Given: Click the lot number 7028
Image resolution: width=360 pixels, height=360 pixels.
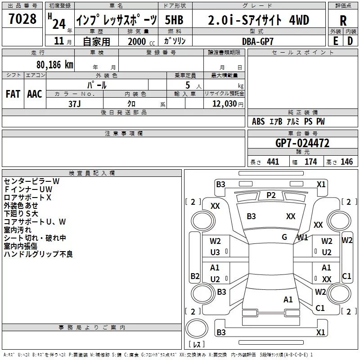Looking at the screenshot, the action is (x=22, y=19).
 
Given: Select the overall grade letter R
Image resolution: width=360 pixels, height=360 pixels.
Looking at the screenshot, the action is (x=343, y=21).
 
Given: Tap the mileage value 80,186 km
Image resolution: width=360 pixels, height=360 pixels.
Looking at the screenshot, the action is (x=55, y=65).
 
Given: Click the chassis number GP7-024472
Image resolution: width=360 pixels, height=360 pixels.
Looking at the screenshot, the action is (x=302, y=143).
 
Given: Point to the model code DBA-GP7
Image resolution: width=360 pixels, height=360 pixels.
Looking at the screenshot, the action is (x=258, y=41).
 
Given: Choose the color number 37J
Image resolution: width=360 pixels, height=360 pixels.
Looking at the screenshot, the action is (x=75, y=104).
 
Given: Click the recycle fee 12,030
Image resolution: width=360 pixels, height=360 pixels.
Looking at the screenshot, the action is (x=225, y=103).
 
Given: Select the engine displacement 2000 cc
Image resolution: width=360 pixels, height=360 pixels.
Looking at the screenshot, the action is (x=141, y=41).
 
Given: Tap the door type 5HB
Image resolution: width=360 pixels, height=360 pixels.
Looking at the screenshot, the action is (x=174, y=20).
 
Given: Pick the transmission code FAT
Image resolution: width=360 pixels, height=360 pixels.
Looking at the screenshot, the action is (x=13, y=94).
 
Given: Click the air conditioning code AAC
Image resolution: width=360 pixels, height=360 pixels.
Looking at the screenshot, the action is (x=35, y=94).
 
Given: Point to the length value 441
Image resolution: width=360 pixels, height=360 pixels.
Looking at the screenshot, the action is (x=273, y=162).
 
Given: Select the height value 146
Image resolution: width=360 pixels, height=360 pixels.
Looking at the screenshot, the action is (x=346, y=162).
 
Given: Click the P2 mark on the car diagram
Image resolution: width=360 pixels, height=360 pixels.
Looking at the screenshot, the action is (x=271, y=195).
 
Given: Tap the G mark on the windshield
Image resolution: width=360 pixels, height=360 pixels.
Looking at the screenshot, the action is (x=284, y=237).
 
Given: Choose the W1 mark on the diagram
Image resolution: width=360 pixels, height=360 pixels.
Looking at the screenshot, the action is (x=302, y=238).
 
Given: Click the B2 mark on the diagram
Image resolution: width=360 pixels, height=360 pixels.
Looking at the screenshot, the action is (x=195, y=276).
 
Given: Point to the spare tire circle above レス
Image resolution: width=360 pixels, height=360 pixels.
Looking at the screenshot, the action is (x=197, y=328).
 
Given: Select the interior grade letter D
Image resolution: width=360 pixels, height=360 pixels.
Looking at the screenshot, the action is (x=350, y=41).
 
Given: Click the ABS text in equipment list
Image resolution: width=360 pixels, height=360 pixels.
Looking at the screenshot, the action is (x=258, y=121).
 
